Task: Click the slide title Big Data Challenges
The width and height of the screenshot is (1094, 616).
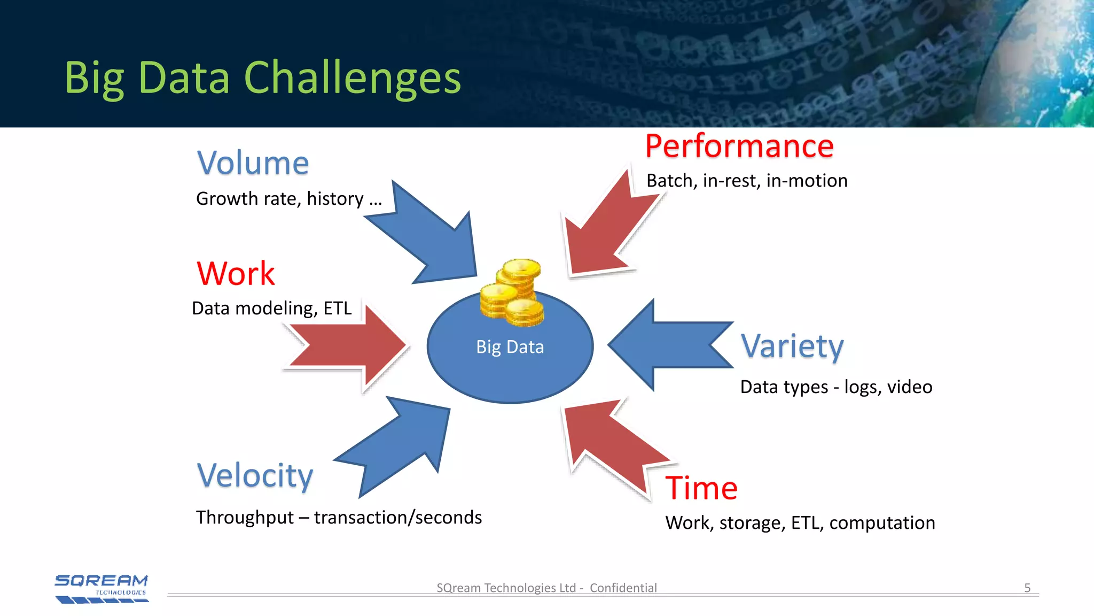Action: click(x=262, y=78)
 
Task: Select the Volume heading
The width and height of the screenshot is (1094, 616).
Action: click(x=253, y=163)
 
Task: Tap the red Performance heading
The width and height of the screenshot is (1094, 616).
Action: click(x=739, y=146)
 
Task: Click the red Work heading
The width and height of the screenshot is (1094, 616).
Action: click(x=236, y=274)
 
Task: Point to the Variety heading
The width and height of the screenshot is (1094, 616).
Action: click(x=792, y=346)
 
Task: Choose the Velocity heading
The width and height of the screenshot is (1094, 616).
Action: click(x=255, y=475)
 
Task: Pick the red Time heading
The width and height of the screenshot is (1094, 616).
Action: click(x=701, y=488)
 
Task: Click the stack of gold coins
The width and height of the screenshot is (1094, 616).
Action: click(x=512, y=294)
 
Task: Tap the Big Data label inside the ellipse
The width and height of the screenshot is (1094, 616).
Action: click(x=510, y=347)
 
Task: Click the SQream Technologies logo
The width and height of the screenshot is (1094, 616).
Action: click(x=101, y=588)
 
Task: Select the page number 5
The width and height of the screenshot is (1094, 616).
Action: click(x=1027, y=588)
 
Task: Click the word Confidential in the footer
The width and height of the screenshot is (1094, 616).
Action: click(x=623, y=588)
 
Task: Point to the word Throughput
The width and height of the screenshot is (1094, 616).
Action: click(x=245, y=518)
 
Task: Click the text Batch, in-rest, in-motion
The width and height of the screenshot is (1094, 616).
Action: click(x=746, y=181)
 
